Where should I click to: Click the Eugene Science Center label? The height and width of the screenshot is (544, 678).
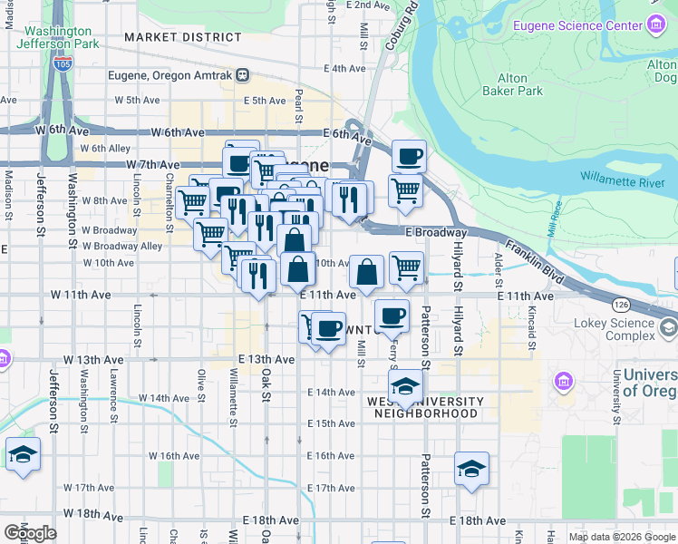coord(577,25)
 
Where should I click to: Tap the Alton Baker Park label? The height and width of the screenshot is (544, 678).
coord(512,84)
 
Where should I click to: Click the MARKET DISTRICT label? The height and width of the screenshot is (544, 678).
coord(183,37)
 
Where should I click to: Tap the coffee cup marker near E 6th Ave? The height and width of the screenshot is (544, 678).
coord(409,156)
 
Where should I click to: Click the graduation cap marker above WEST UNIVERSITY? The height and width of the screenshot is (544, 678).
coord(406,384)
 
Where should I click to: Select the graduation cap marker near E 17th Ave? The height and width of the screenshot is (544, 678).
coord(471,468)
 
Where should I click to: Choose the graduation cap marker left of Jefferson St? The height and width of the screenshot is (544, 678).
coord(23,453)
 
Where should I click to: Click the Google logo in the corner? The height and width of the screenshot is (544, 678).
coord(29,533)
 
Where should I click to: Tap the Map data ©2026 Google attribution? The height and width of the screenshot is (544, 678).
coord(620,537)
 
